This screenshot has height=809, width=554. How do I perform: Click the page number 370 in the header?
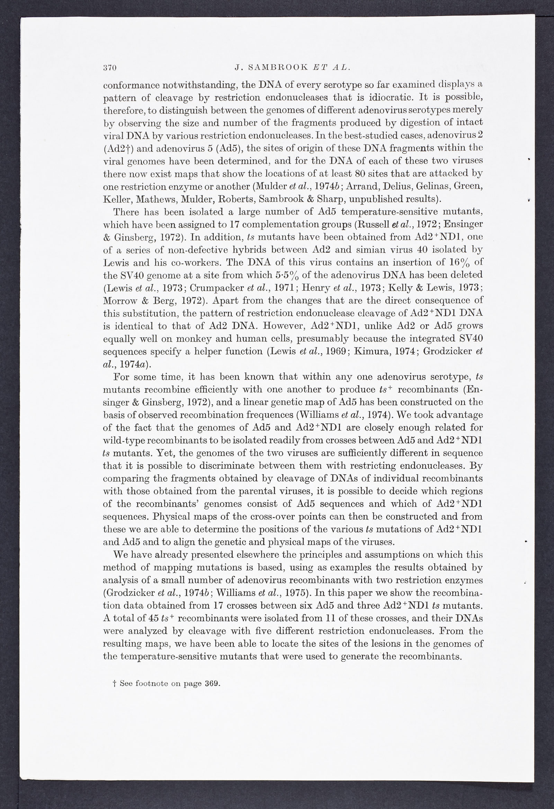[x=110, y=68]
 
